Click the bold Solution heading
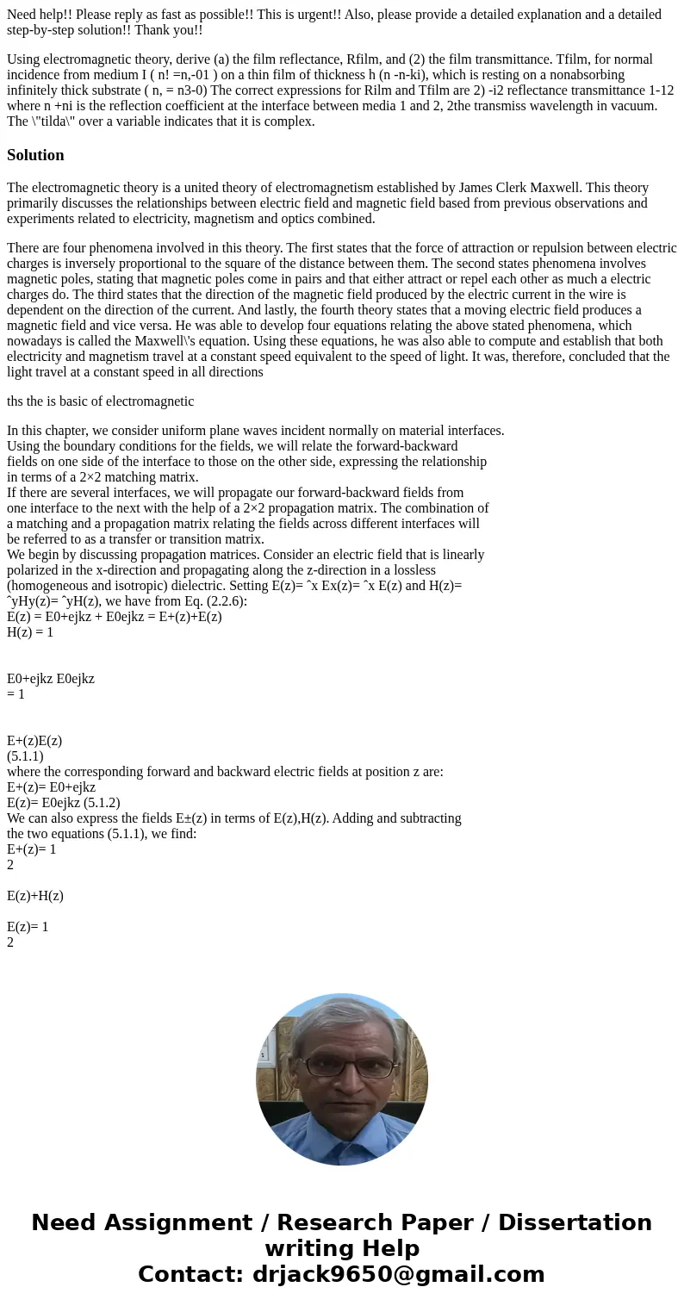[x=35, y=155]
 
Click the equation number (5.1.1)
[x=25, y=756]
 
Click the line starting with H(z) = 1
[x=30, y=632]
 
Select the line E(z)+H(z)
[x=35, y=896]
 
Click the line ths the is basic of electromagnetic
[x=101, y=401]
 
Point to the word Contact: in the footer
[x=191, y=1274]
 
